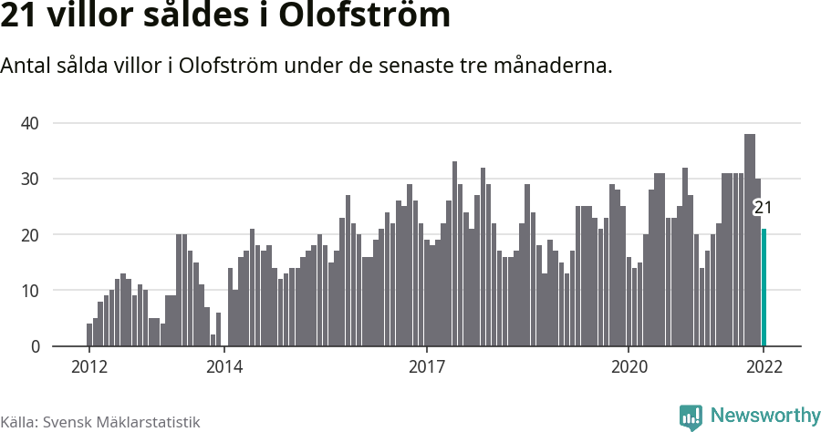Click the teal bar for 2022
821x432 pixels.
(x=764, y=287)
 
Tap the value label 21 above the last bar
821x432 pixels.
(x=763, y=208)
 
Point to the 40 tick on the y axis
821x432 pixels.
(x=31, y=123)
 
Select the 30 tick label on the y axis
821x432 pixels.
(x=31, y=179)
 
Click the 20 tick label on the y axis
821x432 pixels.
(x=31, y=235)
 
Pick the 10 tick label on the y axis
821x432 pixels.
(x=31, y=291)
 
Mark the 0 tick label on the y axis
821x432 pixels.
(x=36, y=347)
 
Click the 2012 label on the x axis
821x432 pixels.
(x=88, y=368)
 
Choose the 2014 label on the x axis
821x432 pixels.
(x=223, y=368)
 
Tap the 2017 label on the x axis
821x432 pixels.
(x=426, y=368)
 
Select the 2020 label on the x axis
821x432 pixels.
(x=629, y=368)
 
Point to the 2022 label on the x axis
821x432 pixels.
(x=764, y=368)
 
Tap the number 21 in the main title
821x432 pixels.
(x=18, y=16)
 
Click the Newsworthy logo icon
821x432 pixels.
(x=691, y=417)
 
